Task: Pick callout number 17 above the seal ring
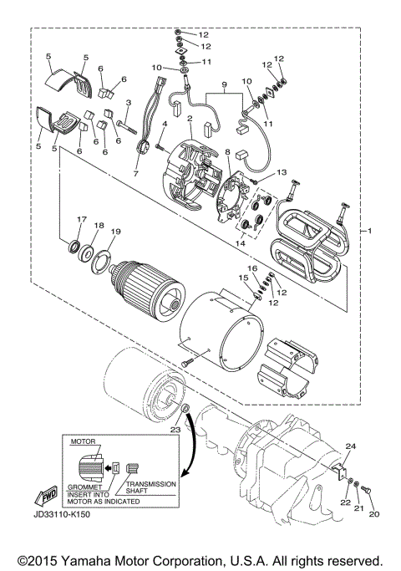[x=81, y=220]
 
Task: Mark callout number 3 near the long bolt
[x=129, y=102]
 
